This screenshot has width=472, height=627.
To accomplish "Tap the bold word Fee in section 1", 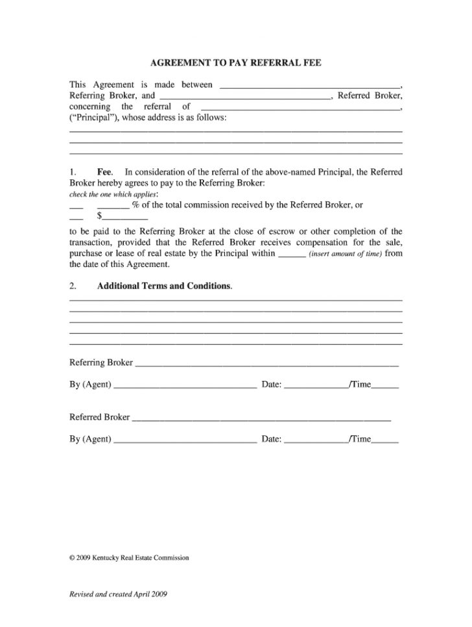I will pos(104,172).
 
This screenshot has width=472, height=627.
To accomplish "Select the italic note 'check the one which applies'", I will pos(113,194).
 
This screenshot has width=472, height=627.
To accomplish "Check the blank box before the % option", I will pos(76,205).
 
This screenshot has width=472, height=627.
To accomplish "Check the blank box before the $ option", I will pos(76,217).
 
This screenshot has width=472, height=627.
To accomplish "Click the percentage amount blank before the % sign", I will pos(113,205).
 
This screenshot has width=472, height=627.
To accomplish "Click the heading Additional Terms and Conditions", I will pos(164,286).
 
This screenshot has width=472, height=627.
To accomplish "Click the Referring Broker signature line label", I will pos(101,363).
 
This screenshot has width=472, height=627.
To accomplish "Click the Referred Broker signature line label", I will pos(100,417).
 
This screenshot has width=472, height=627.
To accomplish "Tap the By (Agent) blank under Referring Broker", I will pos(185,385).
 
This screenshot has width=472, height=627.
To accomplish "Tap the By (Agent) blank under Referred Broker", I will pos(185,440).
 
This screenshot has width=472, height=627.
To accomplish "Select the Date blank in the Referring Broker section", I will pos(316,385).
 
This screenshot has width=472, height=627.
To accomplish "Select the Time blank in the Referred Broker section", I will pos(385,440).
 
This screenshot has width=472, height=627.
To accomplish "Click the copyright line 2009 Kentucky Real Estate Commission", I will pos(129,557).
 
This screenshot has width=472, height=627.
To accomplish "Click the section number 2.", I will pos(73,286).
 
